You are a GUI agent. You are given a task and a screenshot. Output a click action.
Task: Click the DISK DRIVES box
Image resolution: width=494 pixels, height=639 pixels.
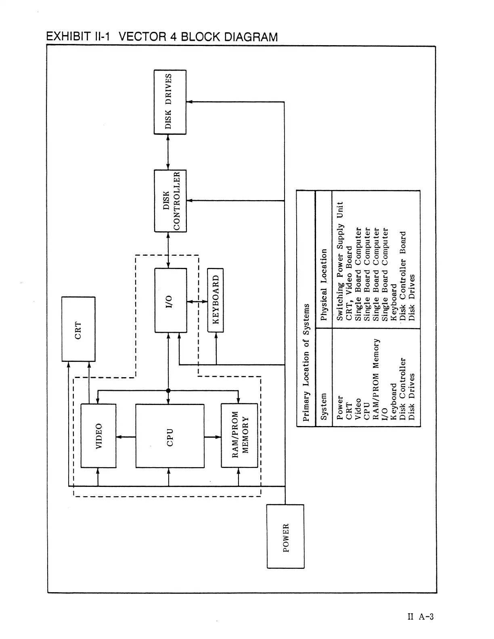(x=170, y=102)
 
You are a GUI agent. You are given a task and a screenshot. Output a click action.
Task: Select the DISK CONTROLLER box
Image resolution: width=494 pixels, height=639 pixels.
(x=170, y=201)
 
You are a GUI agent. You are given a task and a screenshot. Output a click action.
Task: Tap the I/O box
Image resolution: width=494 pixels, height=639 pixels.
(x=170, y=300)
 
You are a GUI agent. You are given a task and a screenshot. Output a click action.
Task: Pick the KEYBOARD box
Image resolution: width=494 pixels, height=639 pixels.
(x=216, y=300)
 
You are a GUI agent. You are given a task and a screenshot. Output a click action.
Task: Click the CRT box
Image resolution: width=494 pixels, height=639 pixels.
(x=78, y=329)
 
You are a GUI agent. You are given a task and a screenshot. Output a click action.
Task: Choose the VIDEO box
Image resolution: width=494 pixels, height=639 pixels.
(x=98, y=436)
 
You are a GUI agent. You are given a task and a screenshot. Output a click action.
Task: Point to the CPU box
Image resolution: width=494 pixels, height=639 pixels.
(x=170, y=436)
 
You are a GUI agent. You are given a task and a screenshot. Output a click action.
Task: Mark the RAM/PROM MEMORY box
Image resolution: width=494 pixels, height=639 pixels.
(x=239, y=436)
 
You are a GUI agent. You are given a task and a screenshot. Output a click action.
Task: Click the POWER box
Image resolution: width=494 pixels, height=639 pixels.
(x=286, y=537)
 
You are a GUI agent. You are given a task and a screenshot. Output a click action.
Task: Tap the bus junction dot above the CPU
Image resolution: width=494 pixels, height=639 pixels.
(x=168, y=390)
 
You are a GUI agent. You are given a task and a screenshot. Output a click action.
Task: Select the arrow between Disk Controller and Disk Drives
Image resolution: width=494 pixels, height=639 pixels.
(x=168, y=152)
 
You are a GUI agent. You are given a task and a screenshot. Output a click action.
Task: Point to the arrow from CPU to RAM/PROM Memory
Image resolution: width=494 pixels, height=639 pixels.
(x=213, y=436)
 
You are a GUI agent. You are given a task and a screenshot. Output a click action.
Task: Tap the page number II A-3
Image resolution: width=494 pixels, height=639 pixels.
(x=420, y=616)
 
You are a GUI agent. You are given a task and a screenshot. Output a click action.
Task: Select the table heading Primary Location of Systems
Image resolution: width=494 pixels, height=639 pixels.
(x=306, y=362)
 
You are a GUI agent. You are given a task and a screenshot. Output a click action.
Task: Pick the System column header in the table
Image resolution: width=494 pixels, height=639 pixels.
(x=324, y=407)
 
